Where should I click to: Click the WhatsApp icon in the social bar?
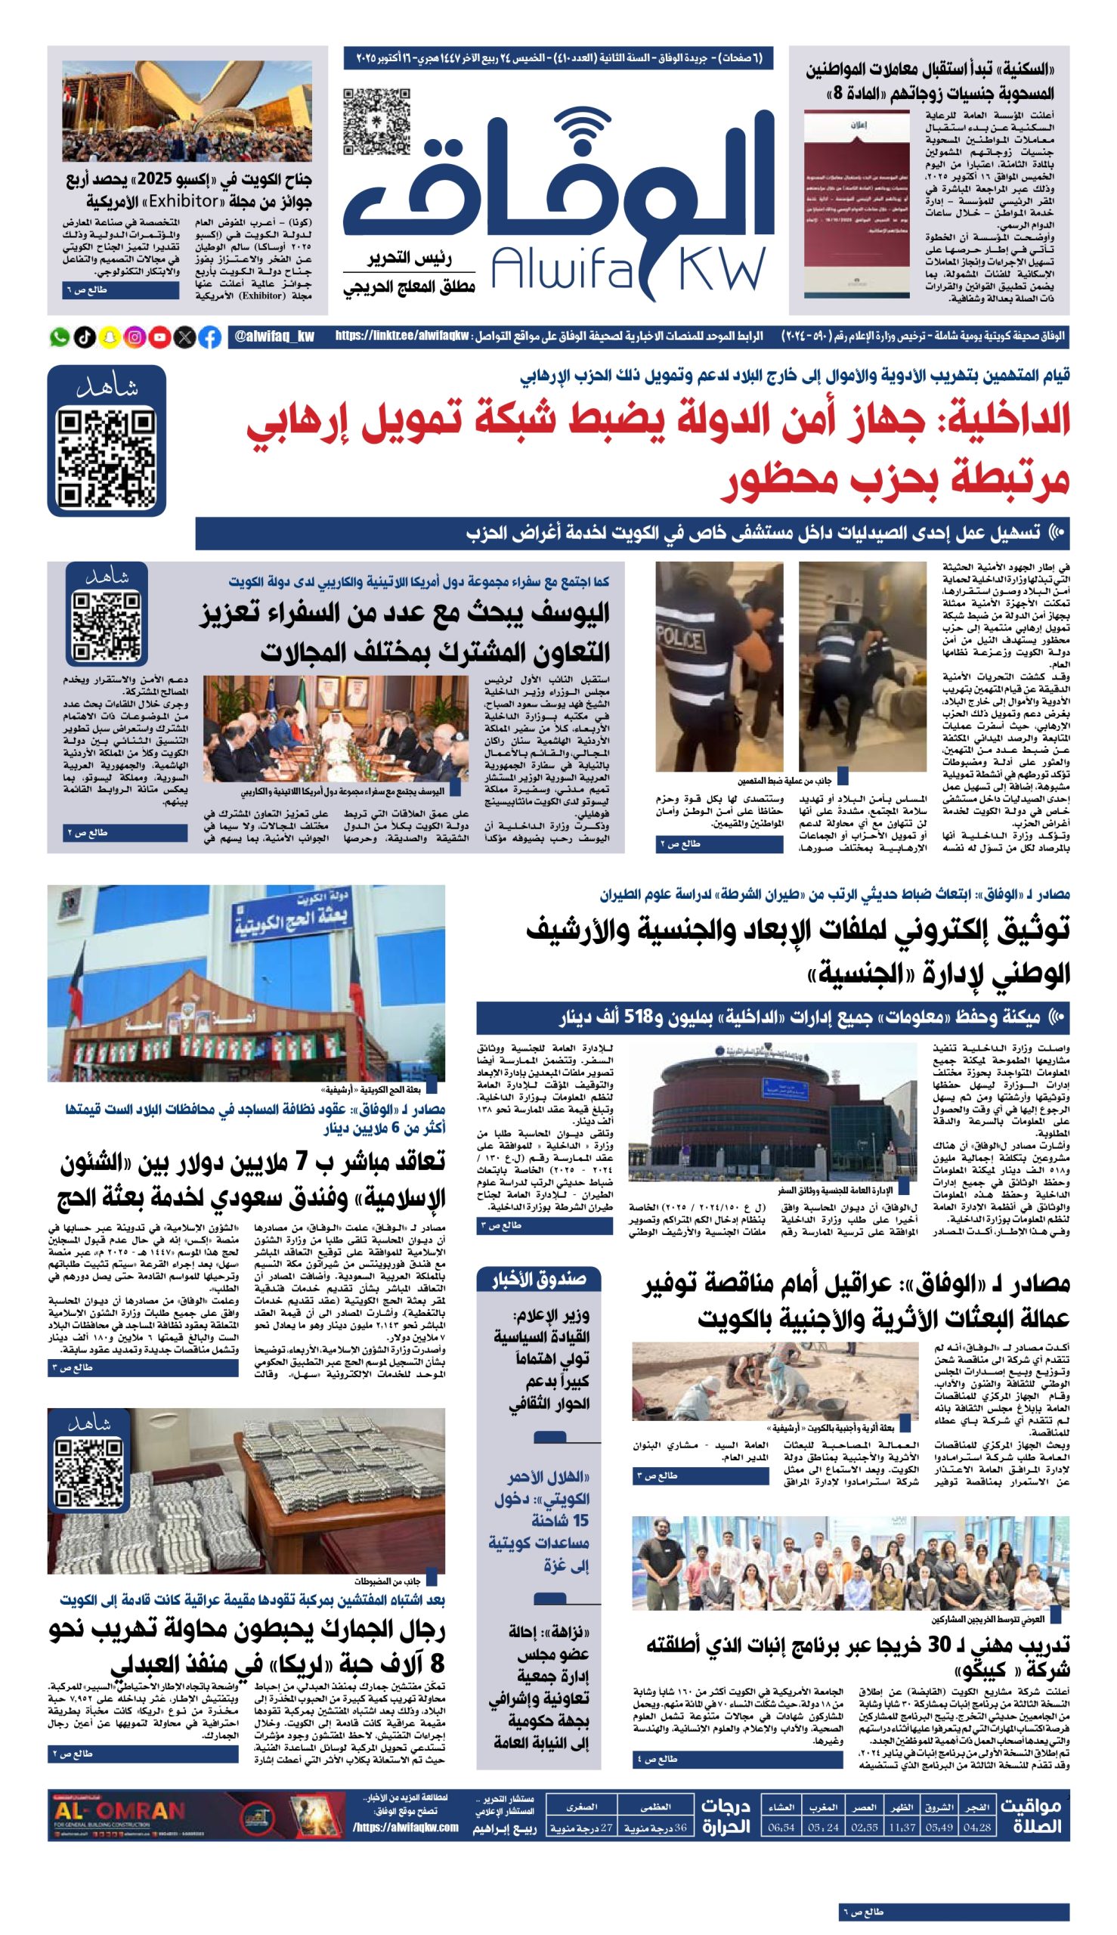click(60, 337)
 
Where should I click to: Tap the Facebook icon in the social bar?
click(209, 337)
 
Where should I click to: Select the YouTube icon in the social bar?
click(159, 337)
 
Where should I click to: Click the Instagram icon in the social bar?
click(135, 337)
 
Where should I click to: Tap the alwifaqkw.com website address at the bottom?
click(406, 1828)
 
